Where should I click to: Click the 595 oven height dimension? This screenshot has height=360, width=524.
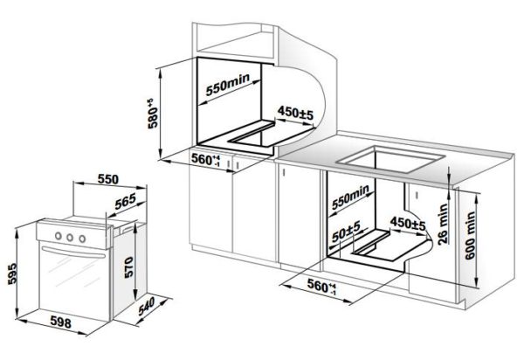pyautogui.click(x=12, y=273)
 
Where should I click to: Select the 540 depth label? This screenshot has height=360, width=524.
pyautogui.click(x=147, y=306)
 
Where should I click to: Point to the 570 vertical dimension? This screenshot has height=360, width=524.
pyautogui.click(x=128, y=267)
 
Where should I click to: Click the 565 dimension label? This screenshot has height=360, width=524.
pyautogui.click(x=125, y=201)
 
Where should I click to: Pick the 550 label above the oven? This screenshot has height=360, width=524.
pyautogui.click(x=108, y=179)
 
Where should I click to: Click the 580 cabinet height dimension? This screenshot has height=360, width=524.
pyautogui.click(x=152, y=114)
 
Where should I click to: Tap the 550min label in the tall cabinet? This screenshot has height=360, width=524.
pyautogui.click(x=228, y=84)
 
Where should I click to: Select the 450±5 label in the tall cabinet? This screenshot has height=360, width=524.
pyautogui.click(x=295, y=113)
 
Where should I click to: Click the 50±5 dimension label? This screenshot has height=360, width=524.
pyautogui.click(x=346, y=232)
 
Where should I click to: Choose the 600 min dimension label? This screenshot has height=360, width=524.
pyautogui.click(x=470, y=235)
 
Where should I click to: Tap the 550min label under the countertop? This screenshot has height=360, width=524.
pyautogui.click(x=350, y=197)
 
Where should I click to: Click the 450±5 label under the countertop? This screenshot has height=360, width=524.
pyautogui.click(x=408, y=224)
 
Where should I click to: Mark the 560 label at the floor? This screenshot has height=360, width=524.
pyautogui.click(x=321, y=287)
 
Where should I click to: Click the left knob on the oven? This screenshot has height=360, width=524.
pyautogui.click(x=59, y=236)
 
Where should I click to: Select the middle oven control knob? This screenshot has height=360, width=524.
pyautogui.click(x=70, y=238)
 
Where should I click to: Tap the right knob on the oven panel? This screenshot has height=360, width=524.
pyautogui.click(x=82, y=239)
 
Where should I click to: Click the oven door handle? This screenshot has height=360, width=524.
pyautogui.click(x=73, y=253)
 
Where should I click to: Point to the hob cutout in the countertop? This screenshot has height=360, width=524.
pyautogui.click(x=391, y=159)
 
